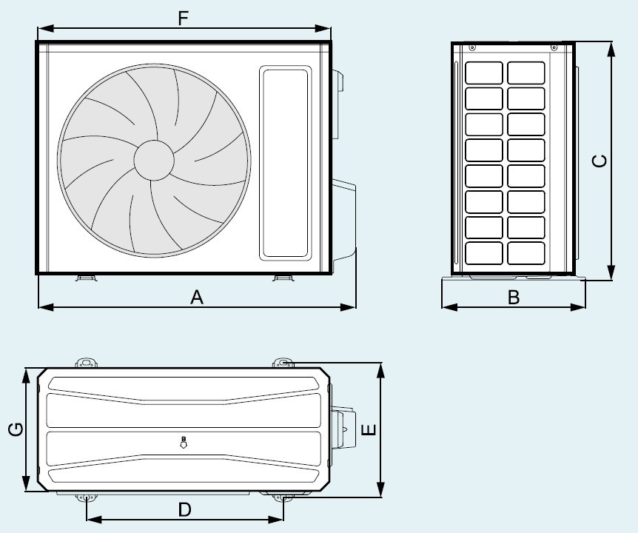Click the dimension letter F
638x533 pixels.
coord(184,19)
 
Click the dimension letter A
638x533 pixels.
coord(197,297)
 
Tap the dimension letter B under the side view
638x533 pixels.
coord(514,297)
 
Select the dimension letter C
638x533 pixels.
coord(600,161)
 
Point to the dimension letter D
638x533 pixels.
coord(185,509)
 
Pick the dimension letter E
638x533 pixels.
coord(369,429)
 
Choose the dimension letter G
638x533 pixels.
coord(16,429)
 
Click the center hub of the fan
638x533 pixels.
coord(154,160)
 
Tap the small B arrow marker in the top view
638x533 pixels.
coord(184,442)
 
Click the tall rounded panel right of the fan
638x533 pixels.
coord(286,163)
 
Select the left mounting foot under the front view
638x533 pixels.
coord(87,278)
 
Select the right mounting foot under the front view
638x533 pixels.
coord(283,278)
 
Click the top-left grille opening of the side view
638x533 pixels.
coord(484,73)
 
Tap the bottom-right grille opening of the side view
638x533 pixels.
coord(526,253)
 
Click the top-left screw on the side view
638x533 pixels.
coord(472,47)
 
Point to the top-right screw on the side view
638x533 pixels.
coord(554,47)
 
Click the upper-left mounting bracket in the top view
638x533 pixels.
coord(87,363)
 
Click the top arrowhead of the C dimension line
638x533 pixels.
coord(611,50)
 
